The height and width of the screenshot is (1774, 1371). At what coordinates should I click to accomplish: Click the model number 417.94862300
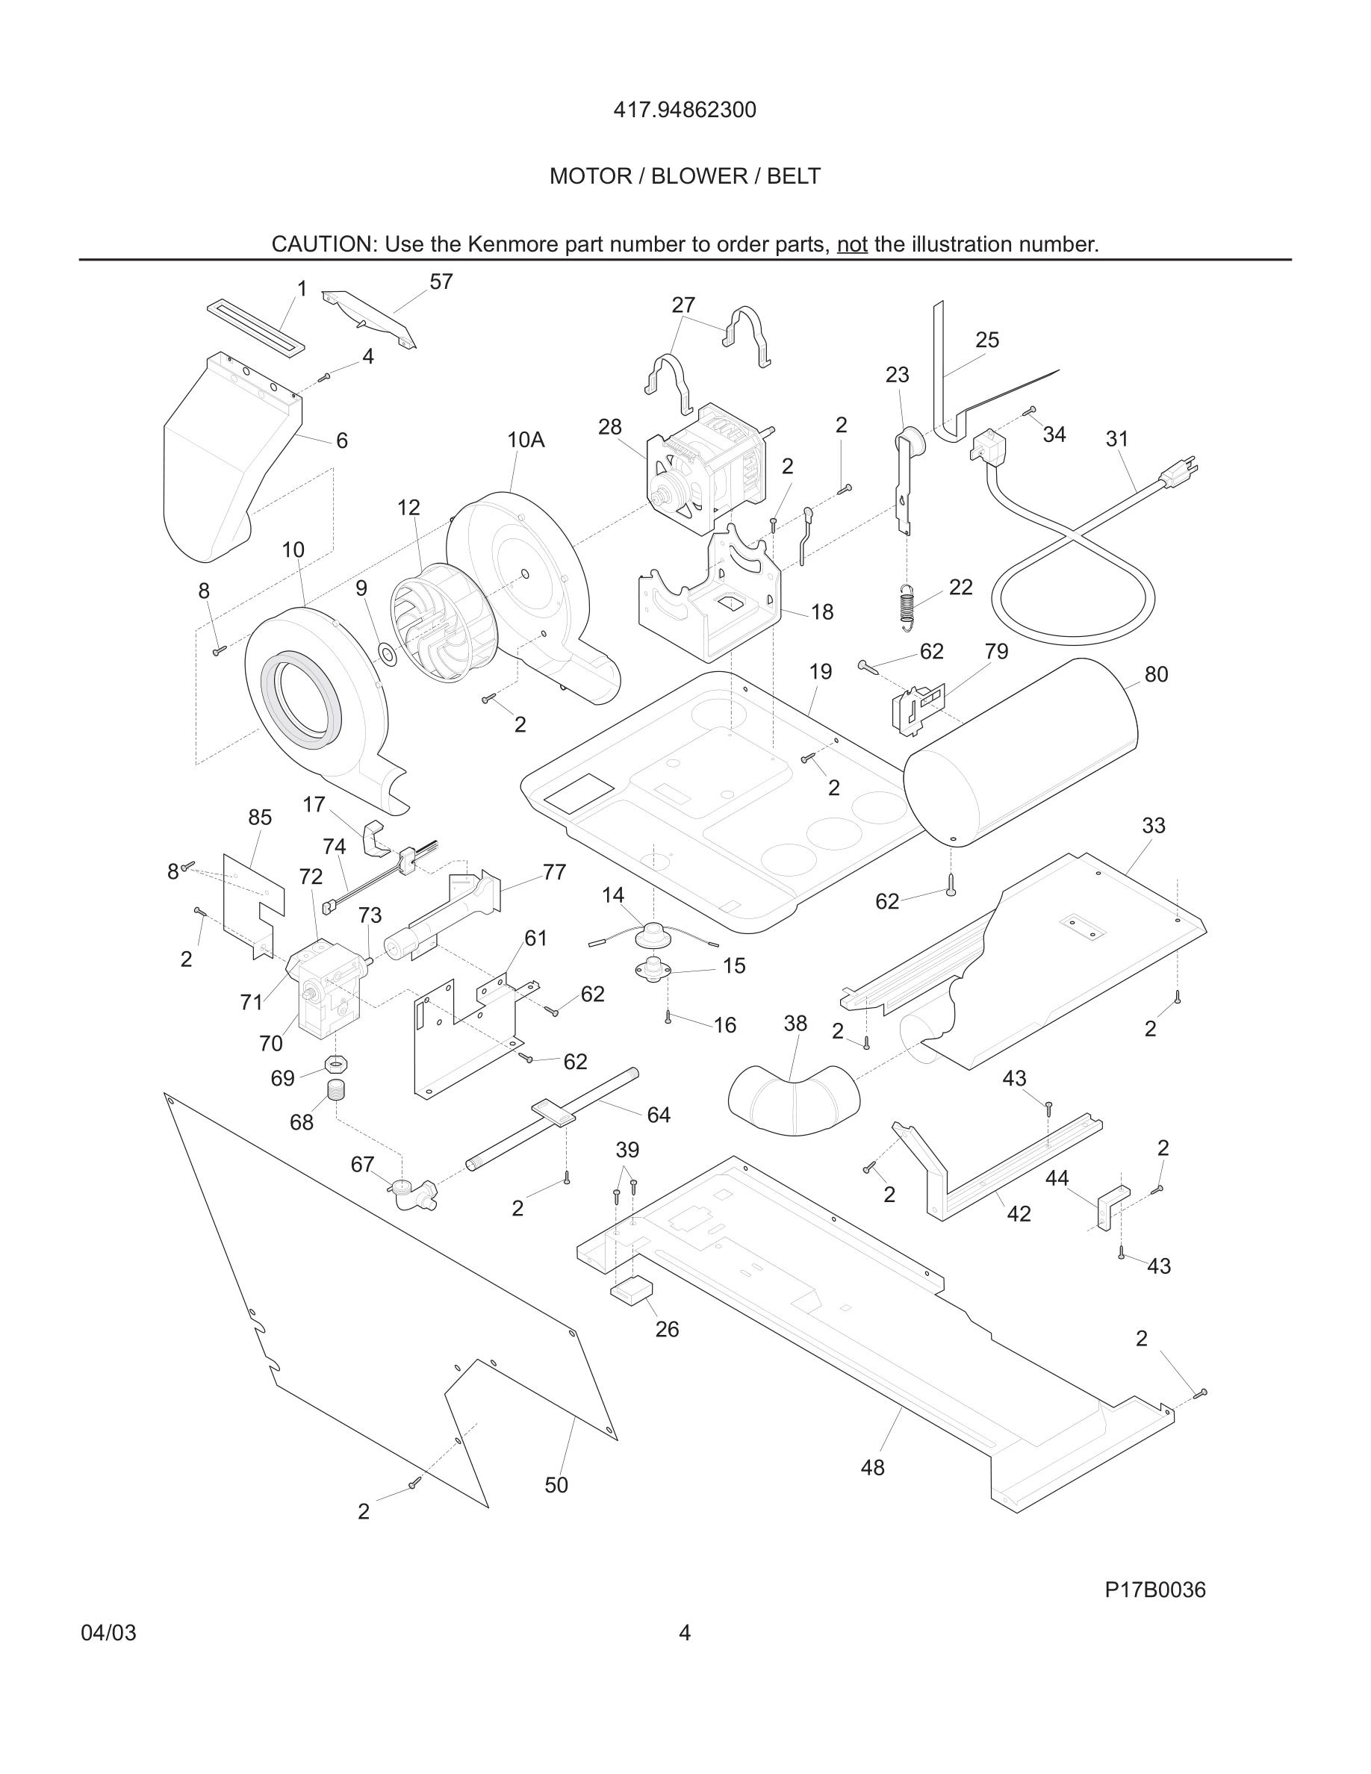pyautogui.click(x=684, y=110)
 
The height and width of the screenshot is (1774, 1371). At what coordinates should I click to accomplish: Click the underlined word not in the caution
pyautogui.click(x=852, y=244)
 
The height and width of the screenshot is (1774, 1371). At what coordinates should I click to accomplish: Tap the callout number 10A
pyautogui.click(x=526, y=441)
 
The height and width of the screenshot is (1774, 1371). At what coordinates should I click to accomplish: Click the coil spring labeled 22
pyautogui.click(x=908, y=607)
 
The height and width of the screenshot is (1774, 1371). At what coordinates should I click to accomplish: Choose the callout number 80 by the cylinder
pyautogui.click(x=1156, y=674)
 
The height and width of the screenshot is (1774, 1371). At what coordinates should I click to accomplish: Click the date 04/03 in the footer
pyautogui.click(x=109, y=1633)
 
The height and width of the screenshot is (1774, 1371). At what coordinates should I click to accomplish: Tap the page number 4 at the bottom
pyautogui.click(x=684, y=1633)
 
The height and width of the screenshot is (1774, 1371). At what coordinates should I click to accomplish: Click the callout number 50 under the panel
pyautogui.click(x=556, y=1485)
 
